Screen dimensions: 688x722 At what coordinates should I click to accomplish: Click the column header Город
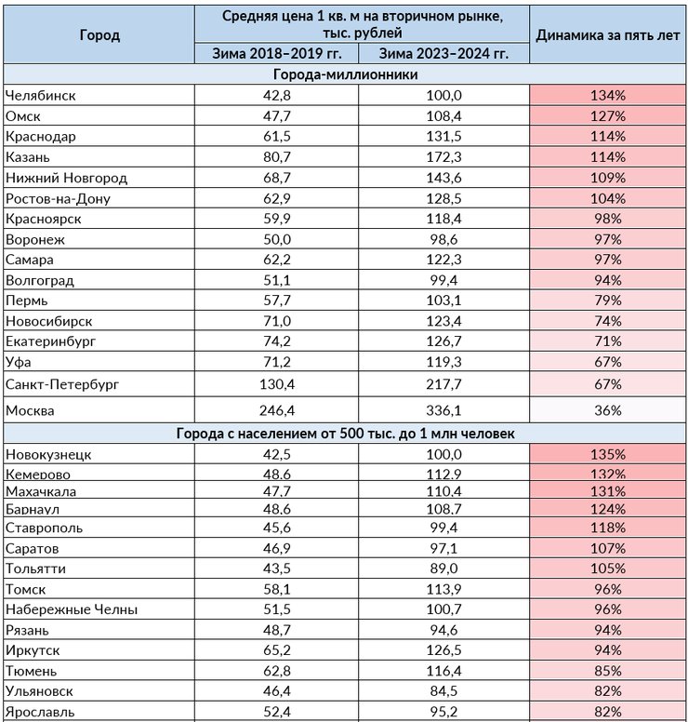[99, 35]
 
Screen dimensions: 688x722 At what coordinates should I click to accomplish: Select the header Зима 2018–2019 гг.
[276, 53]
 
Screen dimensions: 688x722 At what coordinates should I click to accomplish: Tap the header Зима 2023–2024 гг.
[443, 53]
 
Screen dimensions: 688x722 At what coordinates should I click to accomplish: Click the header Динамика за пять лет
[607, 35]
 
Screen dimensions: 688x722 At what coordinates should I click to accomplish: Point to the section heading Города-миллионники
[345, 74]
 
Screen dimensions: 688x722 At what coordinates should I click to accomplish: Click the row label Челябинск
[41, 95]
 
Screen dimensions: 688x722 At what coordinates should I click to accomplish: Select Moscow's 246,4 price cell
[276, 410]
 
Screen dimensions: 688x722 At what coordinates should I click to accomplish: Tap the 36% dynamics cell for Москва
[607, 410]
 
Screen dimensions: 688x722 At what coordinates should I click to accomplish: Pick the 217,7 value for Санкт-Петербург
[443, 384]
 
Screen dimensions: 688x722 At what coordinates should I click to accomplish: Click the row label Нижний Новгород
[66, 178]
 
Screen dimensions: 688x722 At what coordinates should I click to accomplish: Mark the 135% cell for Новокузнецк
[607, 454]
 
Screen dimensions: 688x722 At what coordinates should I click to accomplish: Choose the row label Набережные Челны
[72, 609]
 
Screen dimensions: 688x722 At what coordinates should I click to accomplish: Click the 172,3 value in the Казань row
[443, 157]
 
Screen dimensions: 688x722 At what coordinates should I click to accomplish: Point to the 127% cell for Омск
[607, 116]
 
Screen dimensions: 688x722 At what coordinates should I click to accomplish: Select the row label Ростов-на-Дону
[58, 198]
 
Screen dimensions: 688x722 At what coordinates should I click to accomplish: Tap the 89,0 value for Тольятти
[443, 568]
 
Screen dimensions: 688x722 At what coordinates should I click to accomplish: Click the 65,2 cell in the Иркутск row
[276, 650]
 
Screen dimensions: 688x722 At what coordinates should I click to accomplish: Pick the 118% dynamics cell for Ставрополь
[607, 528]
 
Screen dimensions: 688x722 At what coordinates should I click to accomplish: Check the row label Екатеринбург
[50, 341]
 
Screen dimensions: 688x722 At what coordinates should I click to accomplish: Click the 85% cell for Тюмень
[607, 671]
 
